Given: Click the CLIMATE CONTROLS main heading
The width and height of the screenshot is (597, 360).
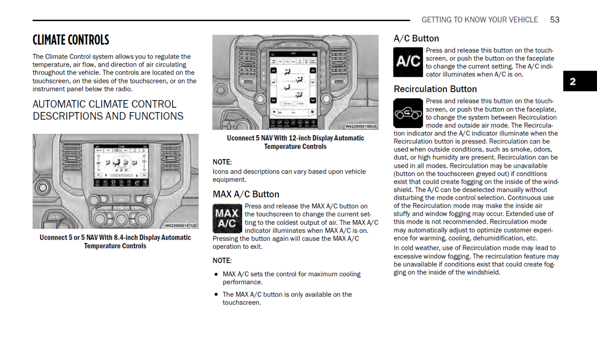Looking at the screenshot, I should coord(71,40).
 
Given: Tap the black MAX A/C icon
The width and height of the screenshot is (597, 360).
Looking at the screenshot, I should coord(226,218).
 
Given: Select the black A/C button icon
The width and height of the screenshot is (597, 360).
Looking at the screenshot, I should coord(408,62).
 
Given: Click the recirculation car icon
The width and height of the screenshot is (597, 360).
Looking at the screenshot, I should coord(408,113).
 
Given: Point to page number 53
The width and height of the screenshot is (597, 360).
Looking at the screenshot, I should coord(554,20).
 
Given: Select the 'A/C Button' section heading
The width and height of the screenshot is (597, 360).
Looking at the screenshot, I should coord(416,38).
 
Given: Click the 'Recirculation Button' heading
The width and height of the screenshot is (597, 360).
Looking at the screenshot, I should coord(435,89).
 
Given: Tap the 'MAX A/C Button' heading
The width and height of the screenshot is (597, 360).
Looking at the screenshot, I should coord(246,194).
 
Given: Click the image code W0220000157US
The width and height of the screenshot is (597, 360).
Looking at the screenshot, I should coord(181,226).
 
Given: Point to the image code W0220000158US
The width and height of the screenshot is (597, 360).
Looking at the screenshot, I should coord(361,126).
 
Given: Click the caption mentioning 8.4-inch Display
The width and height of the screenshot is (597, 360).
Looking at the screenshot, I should coord(115,242).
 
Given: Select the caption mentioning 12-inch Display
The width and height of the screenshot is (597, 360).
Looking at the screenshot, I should coord(295,142).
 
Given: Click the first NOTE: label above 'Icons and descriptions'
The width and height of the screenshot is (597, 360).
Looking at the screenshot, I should coord(222,162).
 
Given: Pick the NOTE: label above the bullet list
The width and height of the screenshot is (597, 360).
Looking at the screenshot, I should coord(222,261).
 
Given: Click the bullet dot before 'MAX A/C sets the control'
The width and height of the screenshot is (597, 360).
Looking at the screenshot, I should coord(216,274).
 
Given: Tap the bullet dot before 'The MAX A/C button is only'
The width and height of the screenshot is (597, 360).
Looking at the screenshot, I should coord(216,294).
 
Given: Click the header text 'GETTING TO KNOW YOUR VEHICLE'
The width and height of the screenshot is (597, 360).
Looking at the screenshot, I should coord(479,20).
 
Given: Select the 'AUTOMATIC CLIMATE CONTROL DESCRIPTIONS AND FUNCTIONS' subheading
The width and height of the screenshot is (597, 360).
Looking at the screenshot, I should coord(108,110).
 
